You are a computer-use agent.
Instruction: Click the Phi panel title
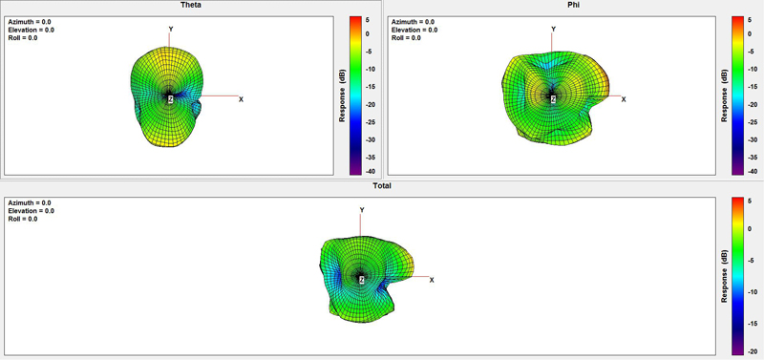574,5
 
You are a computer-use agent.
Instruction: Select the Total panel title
382,185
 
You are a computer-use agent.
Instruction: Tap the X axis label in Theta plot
241,99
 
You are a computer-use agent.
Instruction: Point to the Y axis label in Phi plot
553,30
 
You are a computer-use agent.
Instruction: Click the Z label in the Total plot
361,280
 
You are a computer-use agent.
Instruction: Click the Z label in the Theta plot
171,99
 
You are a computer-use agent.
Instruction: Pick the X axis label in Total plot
432,280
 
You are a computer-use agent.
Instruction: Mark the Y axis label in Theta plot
171,30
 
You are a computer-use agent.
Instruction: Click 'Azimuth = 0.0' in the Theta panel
30,22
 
